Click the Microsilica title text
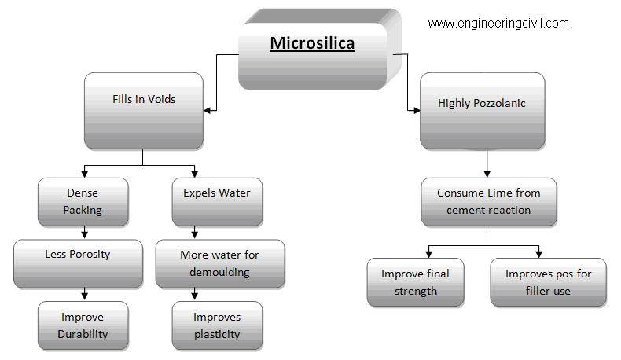click(x=312, y=43)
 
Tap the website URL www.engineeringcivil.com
click(x=498, y=24)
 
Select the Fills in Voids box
click(x=144, y=111)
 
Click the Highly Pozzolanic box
click(x=483, y=111)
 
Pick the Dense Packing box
click(x=83, y=202)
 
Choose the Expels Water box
click(x=217, y=202)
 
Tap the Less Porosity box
click(x=78, y=264)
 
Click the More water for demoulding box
click(x=220, y=264)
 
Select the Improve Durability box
click(x=83, y=326)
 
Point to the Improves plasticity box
click(x=217, y=326)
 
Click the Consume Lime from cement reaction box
click(x=489, y=202)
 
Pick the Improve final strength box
click(x=416, y=282)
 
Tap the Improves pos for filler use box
click(x=548, y=282)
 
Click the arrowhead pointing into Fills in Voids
click(x=207, y=111)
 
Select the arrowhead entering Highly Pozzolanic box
click(x=417, y=111)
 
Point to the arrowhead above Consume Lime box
click(x=487, y=174)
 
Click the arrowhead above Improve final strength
click(x=428, y=254)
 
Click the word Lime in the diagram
click(x=501, y=193)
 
